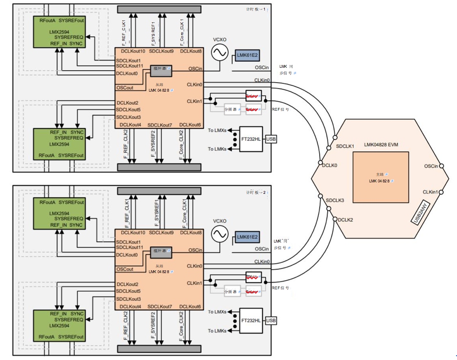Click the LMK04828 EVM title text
(381, 144)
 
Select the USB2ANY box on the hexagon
(422, 212)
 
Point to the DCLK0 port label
(330, 165)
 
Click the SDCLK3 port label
(334, 200)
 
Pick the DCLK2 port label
(346, 220)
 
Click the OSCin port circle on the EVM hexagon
(442, 166)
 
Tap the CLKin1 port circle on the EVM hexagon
(442, 192)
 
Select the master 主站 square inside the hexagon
(380, 177)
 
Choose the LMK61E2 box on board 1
(247, 55)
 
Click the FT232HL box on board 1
(251, 139)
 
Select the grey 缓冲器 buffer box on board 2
(160, 251)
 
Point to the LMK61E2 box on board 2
(247, 237)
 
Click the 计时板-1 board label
(258, 10)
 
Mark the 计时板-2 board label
(258, 192)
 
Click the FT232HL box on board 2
(251, 321)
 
